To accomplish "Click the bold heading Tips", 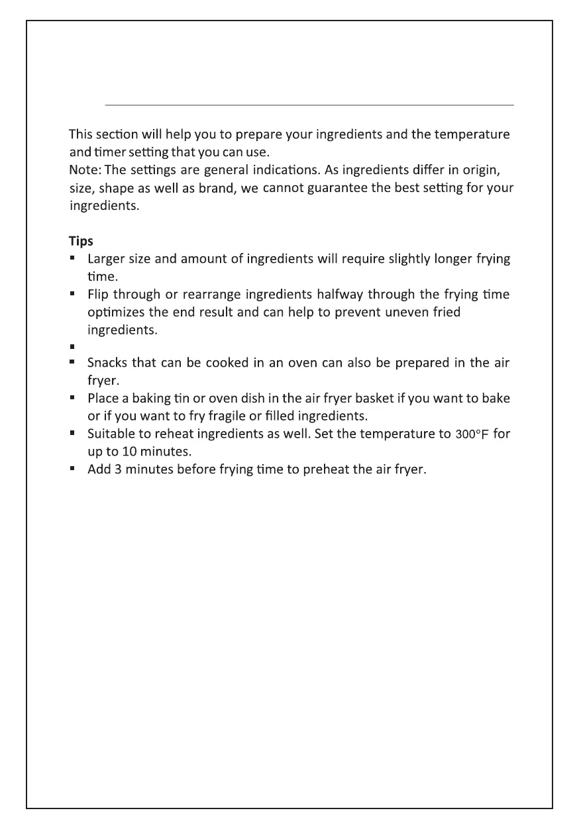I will (81, 240).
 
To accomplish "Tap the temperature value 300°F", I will (473, 435).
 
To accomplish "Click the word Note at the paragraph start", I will (81, 170).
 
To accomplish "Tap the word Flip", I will (97, 294).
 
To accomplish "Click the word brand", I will (217, 187).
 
